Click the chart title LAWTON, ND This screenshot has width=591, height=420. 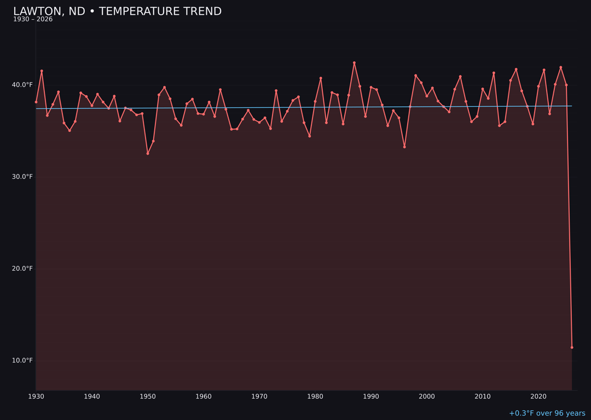117,11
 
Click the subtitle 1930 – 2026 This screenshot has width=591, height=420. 33,20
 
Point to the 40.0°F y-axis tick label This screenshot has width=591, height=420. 23,85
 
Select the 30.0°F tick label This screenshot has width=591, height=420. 23,177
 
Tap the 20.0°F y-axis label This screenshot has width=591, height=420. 23,269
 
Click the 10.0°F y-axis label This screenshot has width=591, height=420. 23,360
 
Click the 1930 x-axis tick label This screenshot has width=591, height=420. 36,396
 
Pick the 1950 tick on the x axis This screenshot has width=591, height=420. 148,396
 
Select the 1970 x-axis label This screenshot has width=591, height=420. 259,396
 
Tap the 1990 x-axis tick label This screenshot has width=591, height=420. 371,396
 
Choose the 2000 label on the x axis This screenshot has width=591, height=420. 427,396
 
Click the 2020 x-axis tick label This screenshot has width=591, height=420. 538,396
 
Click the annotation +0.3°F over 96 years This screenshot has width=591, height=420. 547,413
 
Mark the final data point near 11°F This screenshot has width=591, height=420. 572,347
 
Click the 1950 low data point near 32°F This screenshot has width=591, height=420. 148,154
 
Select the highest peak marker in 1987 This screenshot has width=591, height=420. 354,63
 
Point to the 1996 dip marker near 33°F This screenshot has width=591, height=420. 404,147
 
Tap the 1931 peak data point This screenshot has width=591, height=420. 42,71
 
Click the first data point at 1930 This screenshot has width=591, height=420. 36,102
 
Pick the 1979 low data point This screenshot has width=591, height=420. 310,136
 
